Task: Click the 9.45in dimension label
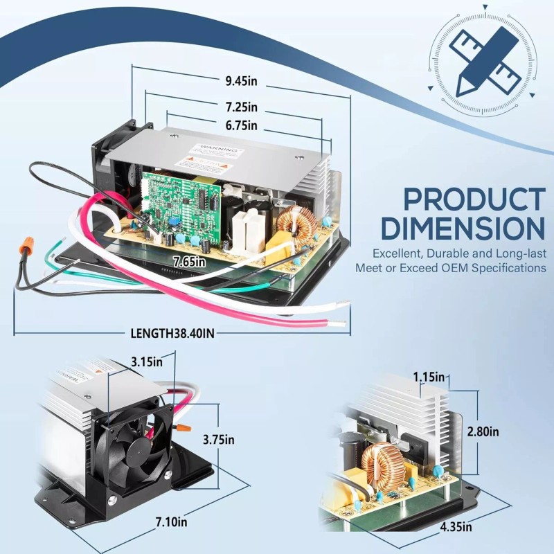click(241, 81)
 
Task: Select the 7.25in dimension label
click(241, 107)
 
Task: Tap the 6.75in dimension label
click(241, 125)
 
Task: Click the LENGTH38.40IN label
click(172, 333)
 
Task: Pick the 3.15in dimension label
click(148, 361)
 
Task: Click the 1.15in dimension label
click(429, 377)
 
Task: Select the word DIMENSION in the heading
click(463, 229)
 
